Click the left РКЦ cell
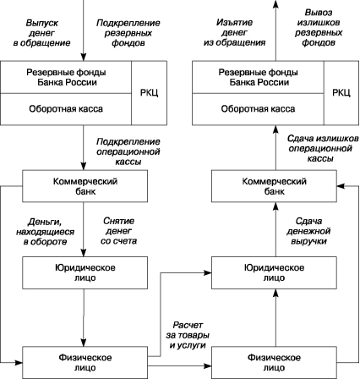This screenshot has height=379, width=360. (x=149, y=93)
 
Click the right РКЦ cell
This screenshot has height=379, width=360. (x=341, y=93)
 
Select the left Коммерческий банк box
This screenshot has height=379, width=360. (x=85, y=186)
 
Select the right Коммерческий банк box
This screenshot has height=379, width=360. (x=274, y=186)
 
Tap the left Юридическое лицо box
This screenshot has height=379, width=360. (x=85, y=272)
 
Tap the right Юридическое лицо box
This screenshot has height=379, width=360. (x=274, y=272)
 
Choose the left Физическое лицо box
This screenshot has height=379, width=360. (x=85, y=363)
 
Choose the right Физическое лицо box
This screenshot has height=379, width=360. (x=274, y=363)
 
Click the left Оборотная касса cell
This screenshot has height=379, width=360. (x=66, y=109)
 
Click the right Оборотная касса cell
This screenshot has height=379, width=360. (x=258, y=109)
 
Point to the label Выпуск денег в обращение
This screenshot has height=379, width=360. (x=41, y=33)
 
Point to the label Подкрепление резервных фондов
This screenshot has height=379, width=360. (x=128, y=33)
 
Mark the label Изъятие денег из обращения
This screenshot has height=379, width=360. (x=234, y=32)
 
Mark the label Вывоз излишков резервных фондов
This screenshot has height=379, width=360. (x=319, y=28)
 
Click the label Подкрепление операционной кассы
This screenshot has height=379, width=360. (x=128, y=151)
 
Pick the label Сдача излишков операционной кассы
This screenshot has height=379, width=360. (x=323, y=148)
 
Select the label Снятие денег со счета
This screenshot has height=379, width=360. (x=118, y=231)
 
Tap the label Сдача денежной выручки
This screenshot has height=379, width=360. (x=308, y=231)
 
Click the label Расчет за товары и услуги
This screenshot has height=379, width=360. (x=188, y=335)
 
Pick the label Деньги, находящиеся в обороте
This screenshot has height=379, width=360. (x=45, y=232)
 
